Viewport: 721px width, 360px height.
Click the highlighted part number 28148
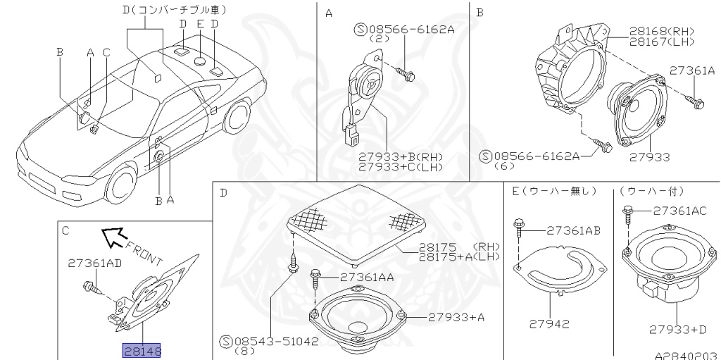point(142,351)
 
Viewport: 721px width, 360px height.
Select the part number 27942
point(549,323)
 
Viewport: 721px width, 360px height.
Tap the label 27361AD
point(95,263)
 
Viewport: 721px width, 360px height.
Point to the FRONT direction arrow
point(113,237)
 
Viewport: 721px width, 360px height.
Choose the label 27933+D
point(677,329)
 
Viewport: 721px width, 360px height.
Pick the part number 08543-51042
point(277,341)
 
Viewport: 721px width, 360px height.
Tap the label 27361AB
point(573,230)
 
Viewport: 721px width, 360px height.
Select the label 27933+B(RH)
point(401,157)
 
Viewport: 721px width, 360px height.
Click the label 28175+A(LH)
point(459,256)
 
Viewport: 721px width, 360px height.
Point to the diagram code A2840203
point(687,355)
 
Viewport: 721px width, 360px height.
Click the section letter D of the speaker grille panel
point(223,192)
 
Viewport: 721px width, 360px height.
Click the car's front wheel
point(120,184)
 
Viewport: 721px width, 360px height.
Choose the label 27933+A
point(456,317)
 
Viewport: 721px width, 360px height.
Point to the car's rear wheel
point(237,117)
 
